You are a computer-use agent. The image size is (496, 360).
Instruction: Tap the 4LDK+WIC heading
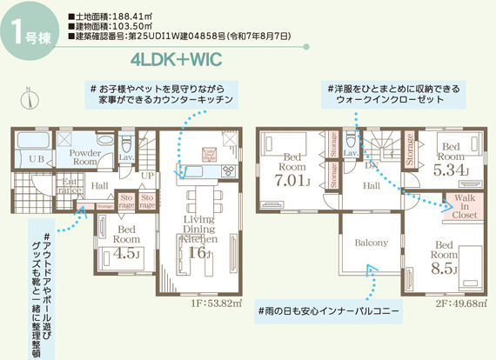176,61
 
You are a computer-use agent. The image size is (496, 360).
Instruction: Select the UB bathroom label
35,159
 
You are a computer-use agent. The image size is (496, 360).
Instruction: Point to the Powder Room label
84,157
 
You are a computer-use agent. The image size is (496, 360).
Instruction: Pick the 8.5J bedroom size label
444,269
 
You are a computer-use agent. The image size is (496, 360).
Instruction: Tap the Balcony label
371,243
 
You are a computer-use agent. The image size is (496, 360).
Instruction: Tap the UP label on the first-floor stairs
146,176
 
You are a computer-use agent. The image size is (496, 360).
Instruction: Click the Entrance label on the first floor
70,186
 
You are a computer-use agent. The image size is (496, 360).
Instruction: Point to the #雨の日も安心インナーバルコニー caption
328,310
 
